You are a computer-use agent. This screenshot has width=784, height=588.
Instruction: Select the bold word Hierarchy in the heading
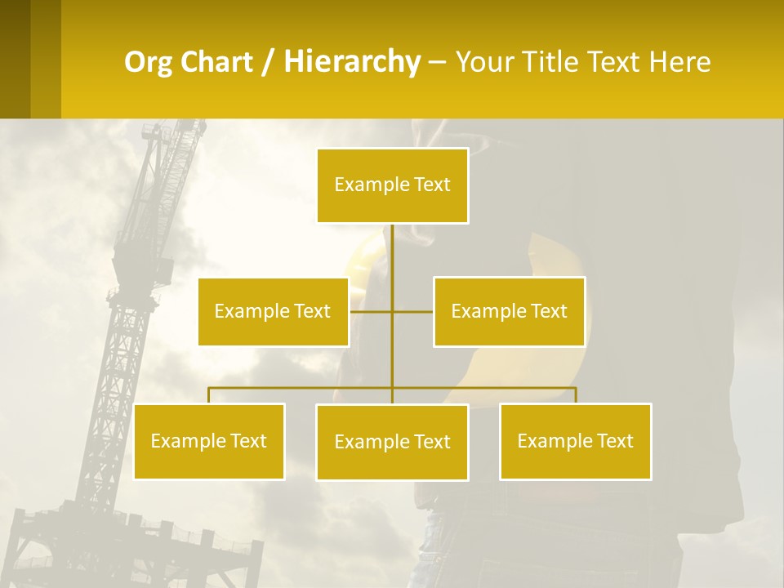coord(351,62)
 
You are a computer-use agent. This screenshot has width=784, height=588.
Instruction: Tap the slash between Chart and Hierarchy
coord(269,63)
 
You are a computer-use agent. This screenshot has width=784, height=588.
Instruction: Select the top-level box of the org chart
coord(392,185)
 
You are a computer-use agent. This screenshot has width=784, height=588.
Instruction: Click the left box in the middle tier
coord(273,311)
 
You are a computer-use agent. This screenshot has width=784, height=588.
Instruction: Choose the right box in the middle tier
coord(509,311)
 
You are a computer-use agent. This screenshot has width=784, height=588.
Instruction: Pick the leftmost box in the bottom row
coord(209,441)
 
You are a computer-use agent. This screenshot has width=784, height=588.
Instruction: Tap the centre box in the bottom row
coord(392,442)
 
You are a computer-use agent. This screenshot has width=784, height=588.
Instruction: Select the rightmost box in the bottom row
coord(575,441)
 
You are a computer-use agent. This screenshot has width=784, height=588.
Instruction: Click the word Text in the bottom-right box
coord(614,441)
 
